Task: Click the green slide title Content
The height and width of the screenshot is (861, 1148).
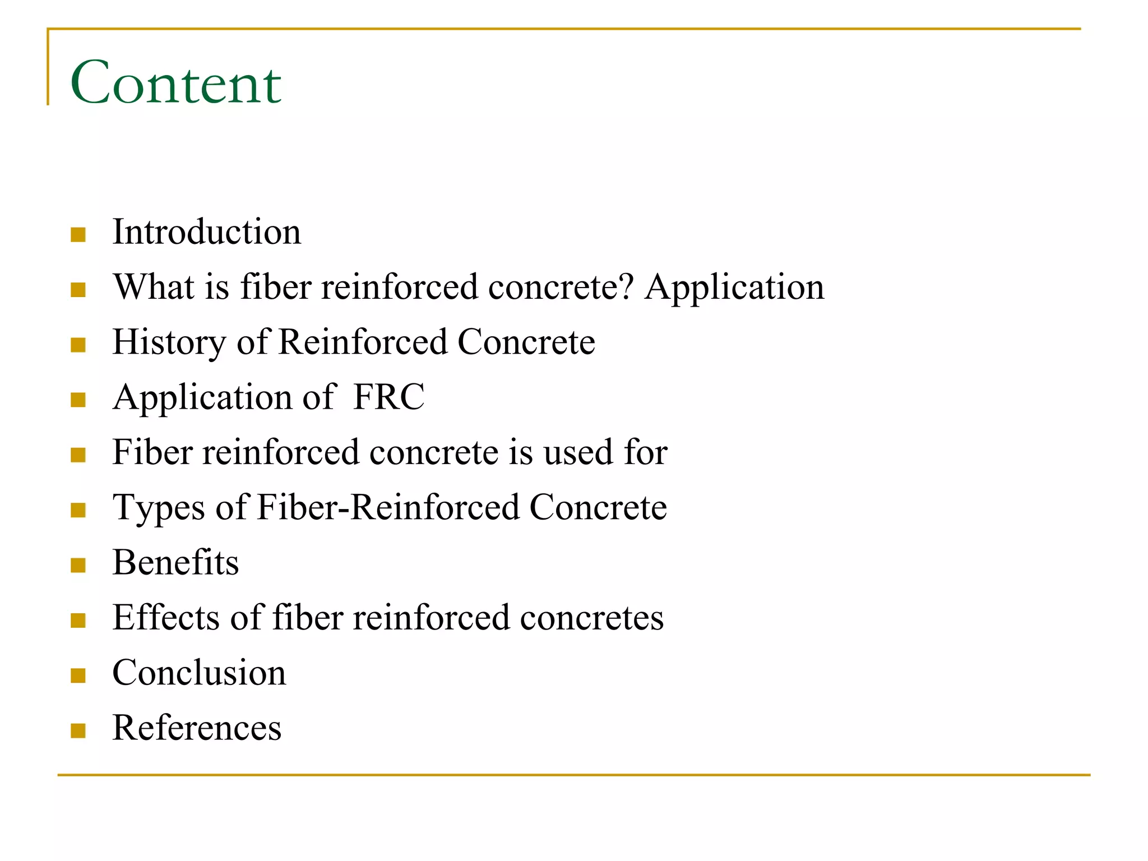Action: [175, 82]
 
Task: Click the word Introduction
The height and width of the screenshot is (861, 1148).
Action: [206, 232]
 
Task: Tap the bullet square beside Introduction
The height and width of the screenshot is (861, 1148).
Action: [78, 234]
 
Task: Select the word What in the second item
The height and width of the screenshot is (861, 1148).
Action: [154, 286]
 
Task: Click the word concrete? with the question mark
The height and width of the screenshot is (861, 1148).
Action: [561, 286]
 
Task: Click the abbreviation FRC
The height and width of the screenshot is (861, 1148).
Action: [389, 397]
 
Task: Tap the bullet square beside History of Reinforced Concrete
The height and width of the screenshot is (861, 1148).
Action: [78, 344]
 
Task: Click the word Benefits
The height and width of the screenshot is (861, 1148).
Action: [175, 562]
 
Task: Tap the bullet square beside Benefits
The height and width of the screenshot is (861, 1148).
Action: [78, 565]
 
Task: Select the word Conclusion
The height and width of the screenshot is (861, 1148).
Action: [199, 672]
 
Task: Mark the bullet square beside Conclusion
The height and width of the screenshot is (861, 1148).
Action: [78, 675]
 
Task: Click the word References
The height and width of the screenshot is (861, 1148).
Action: [197, 728]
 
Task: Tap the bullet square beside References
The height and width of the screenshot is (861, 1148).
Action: [78, 730]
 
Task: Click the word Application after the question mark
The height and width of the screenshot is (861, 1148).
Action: [734, 288]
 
